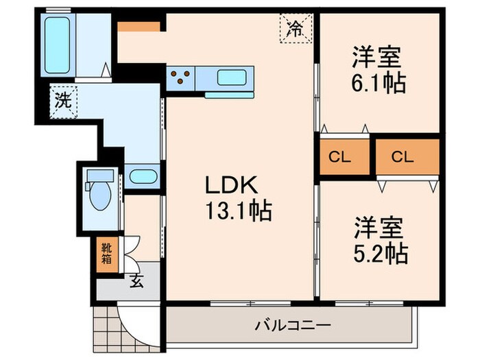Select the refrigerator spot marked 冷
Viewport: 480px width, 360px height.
pyautogui.click(x=294, y=29)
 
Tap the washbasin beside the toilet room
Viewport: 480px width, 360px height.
pyautogui.click(x=142, y=176)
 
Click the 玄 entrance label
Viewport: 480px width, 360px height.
pyautogui.click(x=136, y=281)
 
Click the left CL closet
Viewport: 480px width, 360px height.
pyautogui.click(x=339, y=156)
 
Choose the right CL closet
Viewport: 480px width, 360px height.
pyautogui.click(x=403, y=156)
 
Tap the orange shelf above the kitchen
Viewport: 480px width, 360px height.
pyautogui.click(x=139, y=27)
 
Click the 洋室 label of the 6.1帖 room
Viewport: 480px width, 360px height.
pyautogui.click(x=377, y=56)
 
